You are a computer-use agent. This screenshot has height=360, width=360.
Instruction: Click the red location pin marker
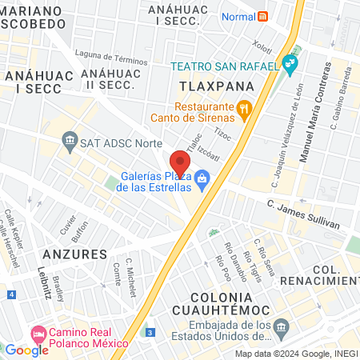tap(178, 160)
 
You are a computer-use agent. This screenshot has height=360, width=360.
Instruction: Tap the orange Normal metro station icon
tap(264, 16)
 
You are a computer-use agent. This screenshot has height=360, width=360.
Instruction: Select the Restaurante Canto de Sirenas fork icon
tap(245, 107)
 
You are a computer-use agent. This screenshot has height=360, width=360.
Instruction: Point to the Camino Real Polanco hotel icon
tap(38, 332)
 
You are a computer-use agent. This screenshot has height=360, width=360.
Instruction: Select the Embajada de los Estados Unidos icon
tap(281, 326)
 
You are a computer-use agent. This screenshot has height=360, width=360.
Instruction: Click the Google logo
tap(26, 350)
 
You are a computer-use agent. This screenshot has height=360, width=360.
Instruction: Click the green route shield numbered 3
tap(150, 332)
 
